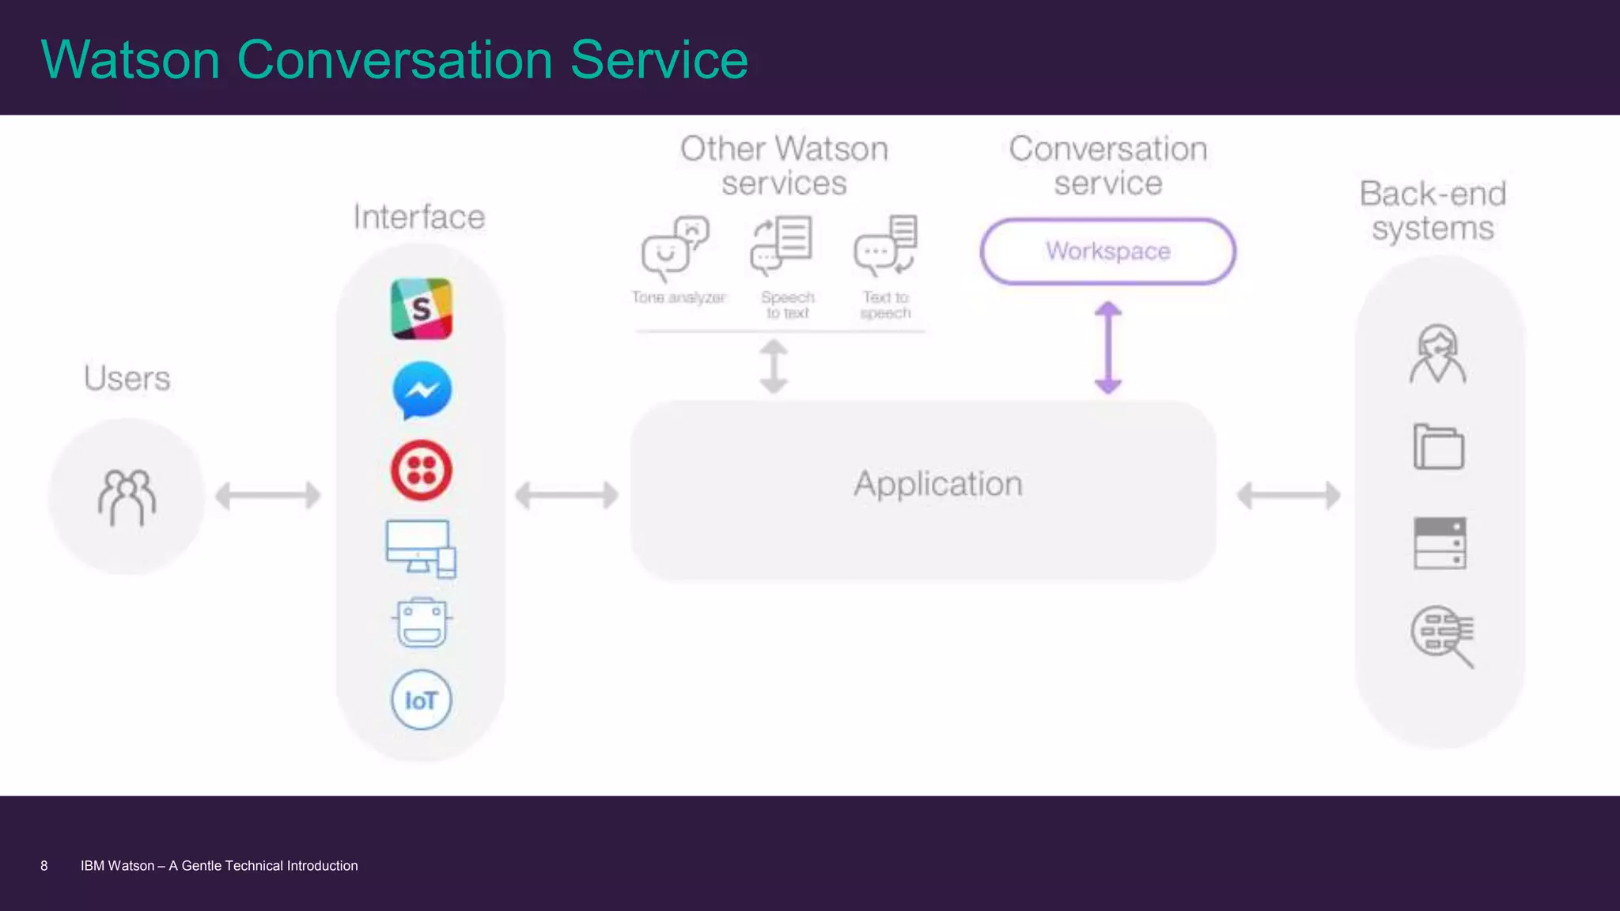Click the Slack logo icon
point(422,308)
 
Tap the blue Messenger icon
point(422,390)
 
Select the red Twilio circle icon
point(422,471)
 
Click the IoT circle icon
point(421,700)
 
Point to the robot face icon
point(422,623)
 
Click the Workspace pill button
point(1107,251)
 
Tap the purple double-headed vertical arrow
point(1108,348)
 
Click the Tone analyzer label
point(678,297)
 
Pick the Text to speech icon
point(886,245)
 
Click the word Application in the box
point(938,484)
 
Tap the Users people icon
point(127,497)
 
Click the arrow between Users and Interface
point(268,496)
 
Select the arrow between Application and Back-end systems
point(1289,496)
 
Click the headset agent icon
point(1437,354)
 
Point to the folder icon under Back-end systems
point(1438,447)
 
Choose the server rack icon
point(1440,543)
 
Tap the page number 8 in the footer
point(44,866)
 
